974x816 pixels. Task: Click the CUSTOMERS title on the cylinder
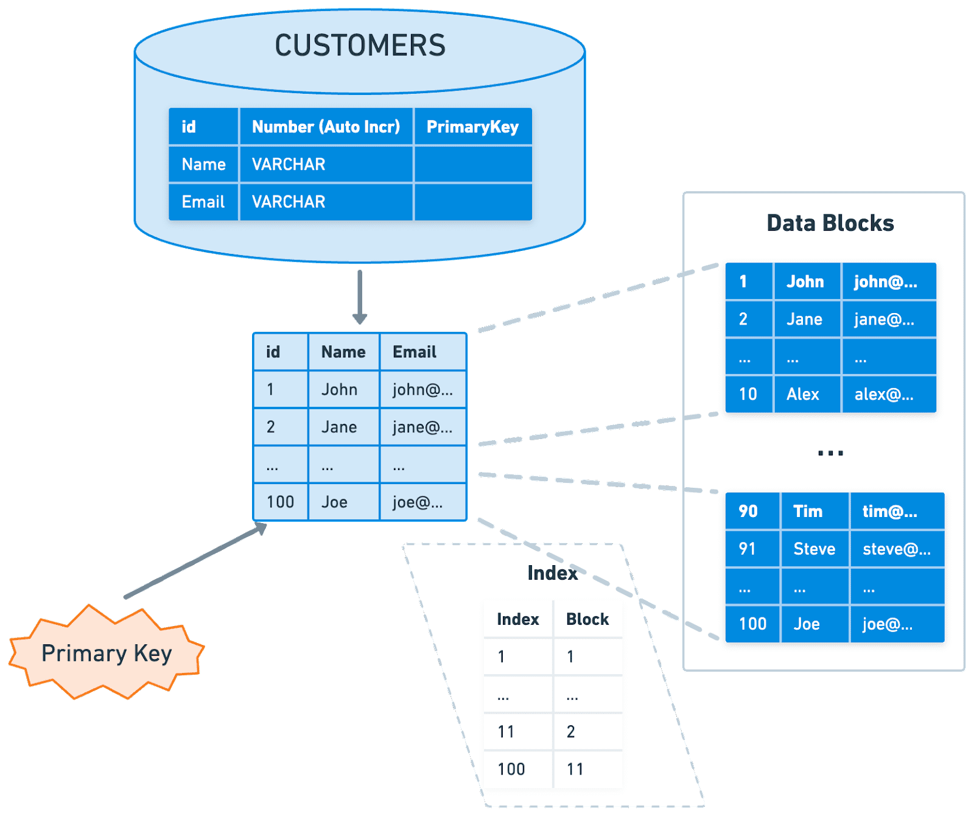tap(360, 46)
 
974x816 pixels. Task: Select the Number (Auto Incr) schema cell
tap(326, 127)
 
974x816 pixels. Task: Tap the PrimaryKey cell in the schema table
tap(472, 127)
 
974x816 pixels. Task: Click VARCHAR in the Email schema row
tap(289, 202)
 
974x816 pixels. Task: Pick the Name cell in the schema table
tap(203, 164)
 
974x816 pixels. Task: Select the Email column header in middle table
tap(415, 352)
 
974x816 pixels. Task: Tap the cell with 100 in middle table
tap(280, 502)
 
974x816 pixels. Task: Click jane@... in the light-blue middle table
tap(422, 427)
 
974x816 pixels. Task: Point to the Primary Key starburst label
tap(107, 653)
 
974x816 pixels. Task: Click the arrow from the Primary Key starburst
tap(195, 561)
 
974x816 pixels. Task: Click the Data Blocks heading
tap(830, 223)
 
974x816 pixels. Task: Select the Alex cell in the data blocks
tap(802, 394)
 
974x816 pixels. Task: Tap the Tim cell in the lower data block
tap(807, 511)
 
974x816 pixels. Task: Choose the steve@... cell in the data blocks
tap(896, 549)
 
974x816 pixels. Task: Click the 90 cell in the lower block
tap(748, 511)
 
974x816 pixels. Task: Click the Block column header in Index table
tap(587, 619)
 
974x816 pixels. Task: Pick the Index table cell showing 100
tap(511, 769)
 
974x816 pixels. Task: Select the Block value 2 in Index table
tap(570, 731)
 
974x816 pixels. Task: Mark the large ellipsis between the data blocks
tap(830, 452)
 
